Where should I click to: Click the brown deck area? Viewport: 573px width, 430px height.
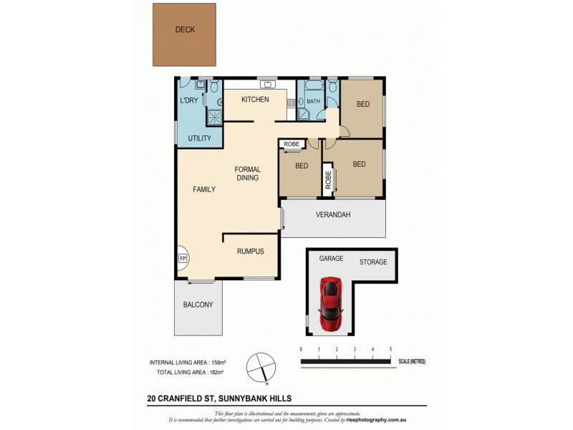tap(185, 34)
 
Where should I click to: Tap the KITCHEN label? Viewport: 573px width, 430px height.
tap(254, 100)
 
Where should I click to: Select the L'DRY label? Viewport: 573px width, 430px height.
tap(189, 100)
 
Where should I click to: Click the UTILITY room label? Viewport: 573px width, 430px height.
tap(198, 138)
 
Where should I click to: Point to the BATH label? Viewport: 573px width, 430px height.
tap(313, 102)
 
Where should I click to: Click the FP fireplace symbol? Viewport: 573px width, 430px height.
tap(183, 258)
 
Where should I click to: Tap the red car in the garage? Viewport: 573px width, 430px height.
tap(330, 303)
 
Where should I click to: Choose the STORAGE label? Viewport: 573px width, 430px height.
tap(373, 262)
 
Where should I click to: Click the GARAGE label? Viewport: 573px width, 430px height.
tap(331, 258)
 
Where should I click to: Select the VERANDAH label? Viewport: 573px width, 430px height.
tap(333, 215)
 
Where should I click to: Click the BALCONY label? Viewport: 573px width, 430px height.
tap(198, 305)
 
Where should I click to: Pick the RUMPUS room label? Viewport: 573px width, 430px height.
tap(251, 252)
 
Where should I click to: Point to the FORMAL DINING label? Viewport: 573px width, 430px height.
tap(247, 173)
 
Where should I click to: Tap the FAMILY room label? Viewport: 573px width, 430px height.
tap(204, 189)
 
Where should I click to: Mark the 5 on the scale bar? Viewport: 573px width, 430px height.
tap(390, 349)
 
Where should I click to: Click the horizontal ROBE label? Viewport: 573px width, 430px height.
tap(292, 145)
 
